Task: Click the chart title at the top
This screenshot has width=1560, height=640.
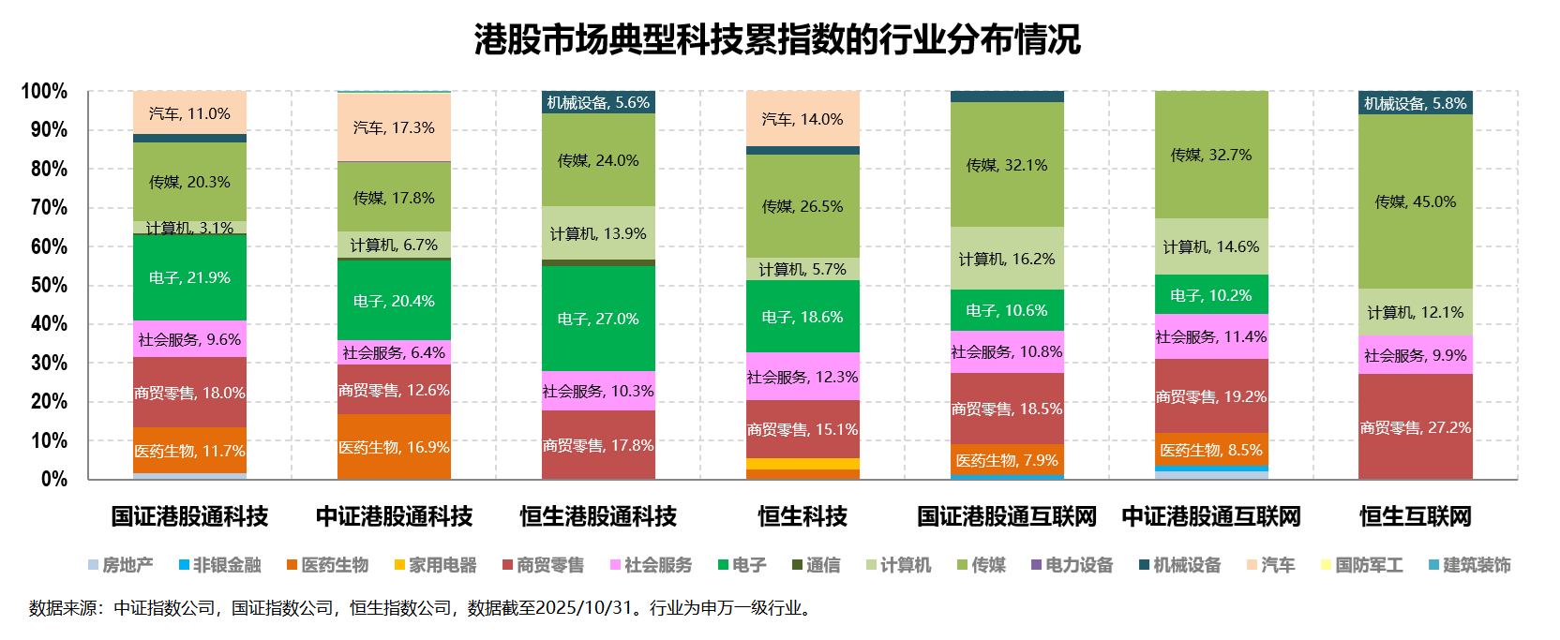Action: (777, 39)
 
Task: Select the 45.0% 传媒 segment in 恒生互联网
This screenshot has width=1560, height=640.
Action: (1415, 201)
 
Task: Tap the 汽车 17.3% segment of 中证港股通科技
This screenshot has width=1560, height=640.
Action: (394, 127)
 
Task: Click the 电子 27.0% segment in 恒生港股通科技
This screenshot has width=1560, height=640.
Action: (598, 319)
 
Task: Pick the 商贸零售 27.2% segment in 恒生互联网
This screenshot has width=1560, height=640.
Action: (1415, 427)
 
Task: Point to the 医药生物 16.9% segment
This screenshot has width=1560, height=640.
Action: (394, 447)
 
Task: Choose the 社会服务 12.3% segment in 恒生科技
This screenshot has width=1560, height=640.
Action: (802, 377)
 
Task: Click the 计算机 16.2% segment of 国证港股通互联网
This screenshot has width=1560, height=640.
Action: (1007, 259)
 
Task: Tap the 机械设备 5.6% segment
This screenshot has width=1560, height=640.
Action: (598, 102)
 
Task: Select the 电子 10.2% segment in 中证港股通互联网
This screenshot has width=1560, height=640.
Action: (1211, 295)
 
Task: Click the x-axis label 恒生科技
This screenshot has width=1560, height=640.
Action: (802, 516)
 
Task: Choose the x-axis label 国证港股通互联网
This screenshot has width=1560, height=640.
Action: (1007, 516)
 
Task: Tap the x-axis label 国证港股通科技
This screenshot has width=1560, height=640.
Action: (189, 516)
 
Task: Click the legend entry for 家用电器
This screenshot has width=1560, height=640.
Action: (436, 565)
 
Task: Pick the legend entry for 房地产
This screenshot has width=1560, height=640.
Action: (121, 565)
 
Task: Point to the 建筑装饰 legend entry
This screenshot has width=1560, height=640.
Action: (1470, 565)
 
